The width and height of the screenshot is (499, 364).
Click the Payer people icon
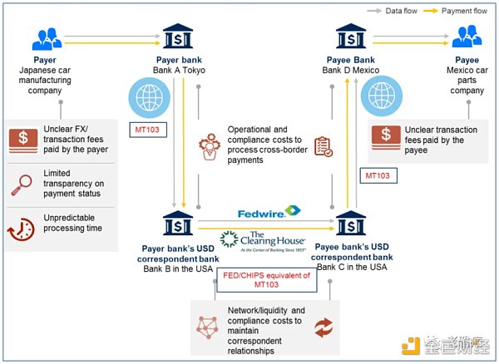pyautogui.click(x=45, y=37)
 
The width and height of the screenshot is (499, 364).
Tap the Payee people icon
pyautogui.click(x=466, y=37)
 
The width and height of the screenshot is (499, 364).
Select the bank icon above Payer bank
pyautogui.click(x=180, y=37)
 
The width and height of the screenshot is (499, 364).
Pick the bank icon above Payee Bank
pyautogui.click(x=350, y=37)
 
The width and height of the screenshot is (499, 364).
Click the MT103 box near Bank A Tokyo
pyautogui.click(x=151, y=131)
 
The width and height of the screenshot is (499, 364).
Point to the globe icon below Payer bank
pyautogui.click(x=150, y=97)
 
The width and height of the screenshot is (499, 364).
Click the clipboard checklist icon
pyautogui.click(x=323, y=147)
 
